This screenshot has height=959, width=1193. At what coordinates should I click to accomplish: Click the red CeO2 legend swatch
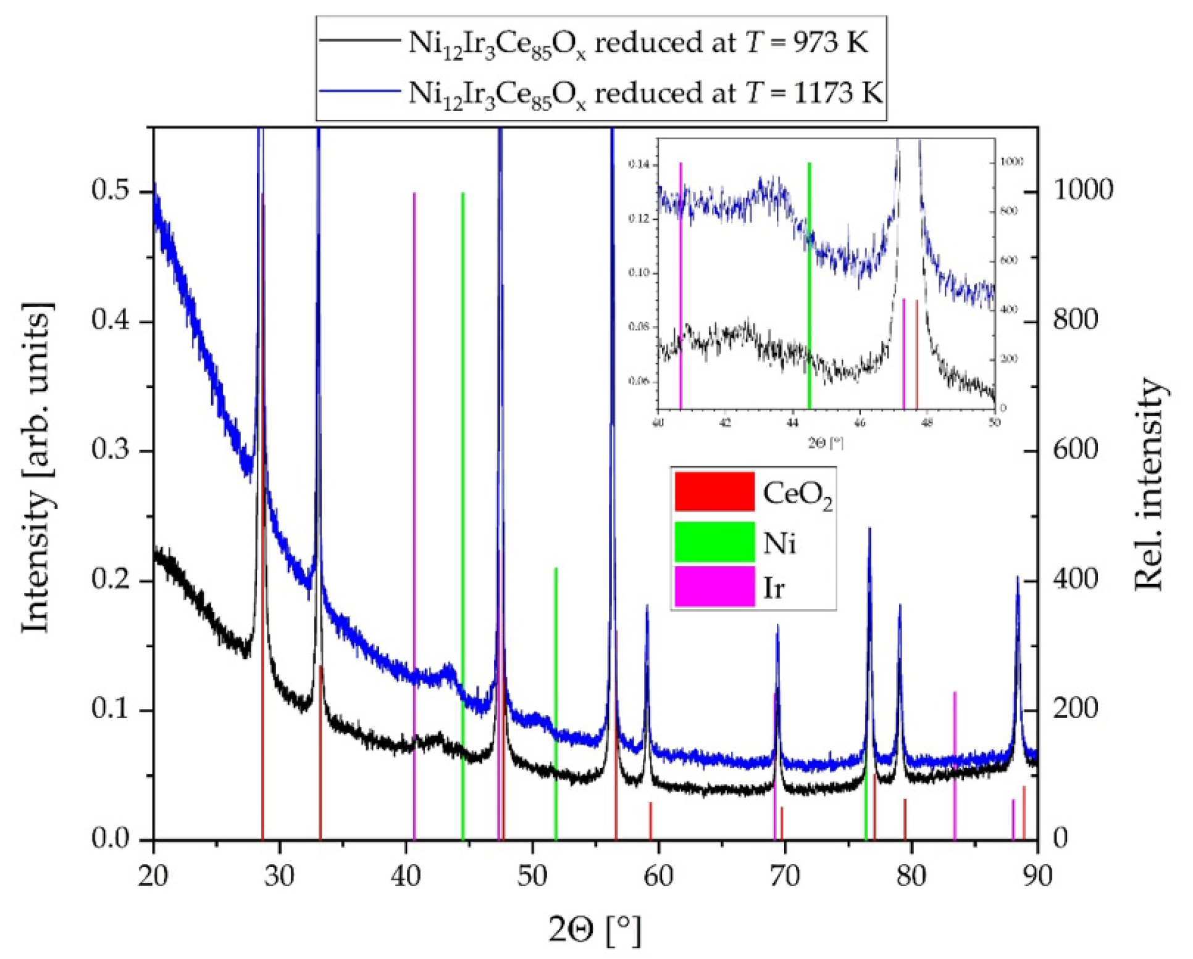[714, 492]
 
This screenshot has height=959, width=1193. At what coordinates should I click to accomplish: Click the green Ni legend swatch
[714, 541]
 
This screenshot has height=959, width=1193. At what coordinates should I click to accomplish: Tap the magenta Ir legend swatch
[714, 586]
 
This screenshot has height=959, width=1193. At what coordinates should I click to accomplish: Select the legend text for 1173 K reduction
[645, 93]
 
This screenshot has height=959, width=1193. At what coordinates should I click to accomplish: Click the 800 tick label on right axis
[1075, 320]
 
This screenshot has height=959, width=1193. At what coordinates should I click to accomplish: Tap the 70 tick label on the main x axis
[785, 875]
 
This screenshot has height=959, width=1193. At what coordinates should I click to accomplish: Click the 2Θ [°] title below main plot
[595, 929]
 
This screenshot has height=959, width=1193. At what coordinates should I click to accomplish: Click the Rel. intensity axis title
[1149, 485]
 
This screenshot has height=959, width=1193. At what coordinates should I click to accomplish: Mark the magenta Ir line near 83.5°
[954, 766]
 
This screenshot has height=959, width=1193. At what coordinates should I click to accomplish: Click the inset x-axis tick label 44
[792, 424]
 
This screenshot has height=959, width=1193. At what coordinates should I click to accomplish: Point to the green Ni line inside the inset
[809, 284]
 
